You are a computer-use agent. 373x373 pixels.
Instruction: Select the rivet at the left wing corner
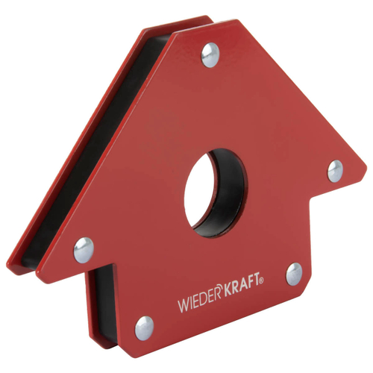click(x=84, y=250)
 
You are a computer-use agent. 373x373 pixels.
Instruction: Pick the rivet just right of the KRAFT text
click(x=295, y=273)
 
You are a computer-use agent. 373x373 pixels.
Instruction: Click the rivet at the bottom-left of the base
click(x=144, y=327)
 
